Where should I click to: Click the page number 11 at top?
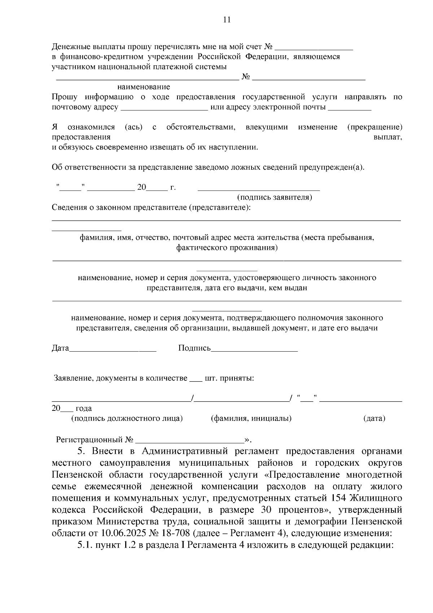click(x=227, y=20)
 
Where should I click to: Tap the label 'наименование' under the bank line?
click(x=144, y=87)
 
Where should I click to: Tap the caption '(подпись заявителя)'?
click(x=274, y=197)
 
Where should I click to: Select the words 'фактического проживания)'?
click(x=227, y=248)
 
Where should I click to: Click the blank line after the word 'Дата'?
click(x=113, y=350)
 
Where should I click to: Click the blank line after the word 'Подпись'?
click(x=254, y=350)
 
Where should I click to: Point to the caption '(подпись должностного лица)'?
click(x=127, y=418)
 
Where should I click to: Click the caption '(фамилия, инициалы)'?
click(x=251, y=418)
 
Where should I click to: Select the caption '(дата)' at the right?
click(x=374, y=418)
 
